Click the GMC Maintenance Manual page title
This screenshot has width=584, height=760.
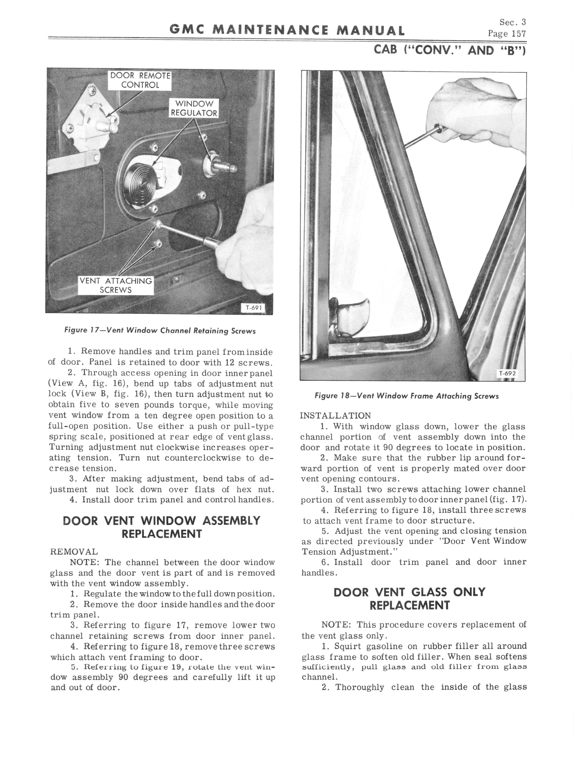coord(287,31)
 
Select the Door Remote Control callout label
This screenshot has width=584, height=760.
coord(140,80)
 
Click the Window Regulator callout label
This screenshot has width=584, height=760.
coord(194,108)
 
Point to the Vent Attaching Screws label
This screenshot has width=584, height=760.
coord(116,286)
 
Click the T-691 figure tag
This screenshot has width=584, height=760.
coord(253,308)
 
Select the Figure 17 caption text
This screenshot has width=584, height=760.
coord(160,331)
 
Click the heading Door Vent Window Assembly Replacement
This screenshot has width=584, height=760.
coord(162,527)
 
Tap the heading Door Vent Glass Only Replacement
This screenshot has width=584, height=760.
coord(409,599)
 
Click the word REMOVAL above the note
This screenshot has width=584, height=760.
coord(74,552)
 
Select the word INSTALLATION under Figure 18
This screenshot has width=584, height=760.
coord(336,416)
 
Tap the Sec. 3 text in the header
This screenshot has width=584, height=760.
coord(512,22)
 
